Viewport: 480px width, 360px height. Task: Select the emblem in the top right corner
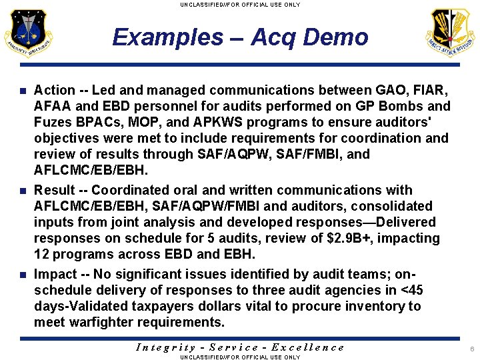(451, 33)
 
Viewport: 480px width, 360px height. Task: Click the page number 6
(471, 349)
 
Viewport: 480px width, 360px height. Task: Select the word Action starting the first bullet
(55, 90)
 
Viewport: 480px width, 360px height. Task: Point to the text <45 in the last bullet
(409, 290)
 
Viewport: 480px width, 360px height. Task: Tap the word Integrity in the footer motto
(166, 347)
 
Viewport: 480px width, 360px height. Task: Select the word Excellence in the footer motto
(309, 347)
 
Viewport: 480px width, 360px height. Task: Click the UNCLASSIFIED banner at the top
(240, 5)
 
